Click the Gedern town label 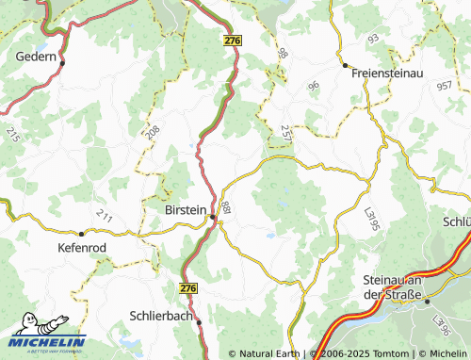click(37, 57)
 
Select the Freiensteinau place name click(388, 72)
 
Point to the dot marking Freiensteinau click(346, 66)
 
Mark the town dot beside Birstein click(213, 218)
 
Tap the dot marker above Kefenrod click(82, 233)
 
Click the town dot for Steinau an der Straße click(426, 302)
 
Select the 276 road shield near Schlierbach click(189, 287)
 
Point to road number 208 click(153, 133)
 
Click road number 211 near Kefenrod click(104, 219)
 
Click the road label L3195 click(370, 221)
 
